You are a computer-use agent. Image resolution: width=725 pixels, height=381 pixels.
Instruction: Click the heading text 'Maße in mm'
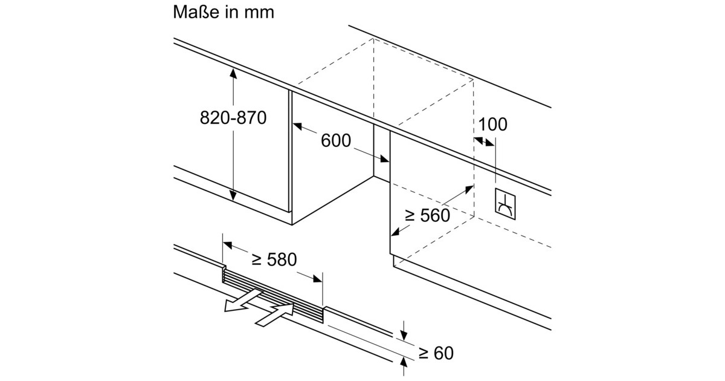tap(224, 11)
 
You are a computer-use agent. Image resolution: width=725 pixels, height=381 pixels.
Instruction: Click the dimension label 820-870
tap(233, 118)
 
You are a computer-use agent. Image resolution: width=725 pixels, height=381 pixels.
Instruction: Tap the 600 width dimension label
tap(336, 141)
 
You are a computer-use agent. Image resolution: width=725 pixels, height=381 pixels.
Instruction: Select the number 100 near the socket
tap(493, 125)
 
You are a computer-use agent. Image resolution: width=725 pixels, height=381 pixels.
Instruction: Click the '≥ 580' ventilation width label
tap(274, 259)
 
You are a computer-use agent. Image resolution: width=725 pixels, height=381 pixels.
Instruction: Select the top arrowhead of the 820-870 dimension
tap(233, 73)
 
